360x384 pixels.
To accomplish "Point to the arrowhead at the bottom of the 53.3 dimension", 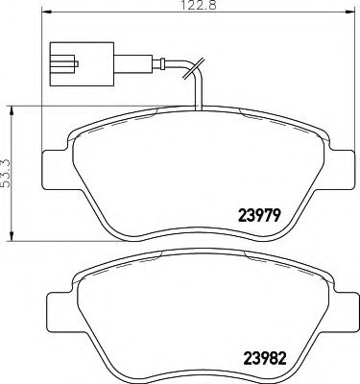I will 12,236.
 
